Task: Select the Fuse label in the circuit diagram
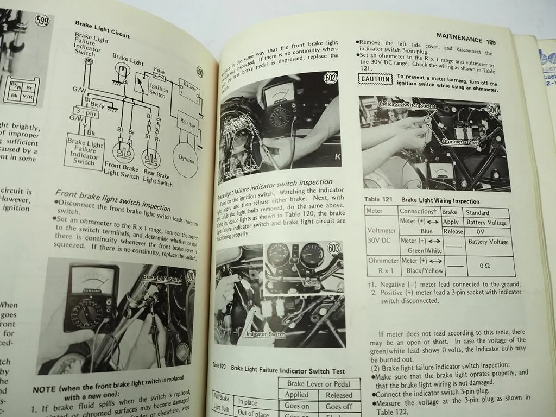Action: [x=159, y=71]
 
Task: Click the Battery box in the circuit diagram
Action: [x=189, y=89]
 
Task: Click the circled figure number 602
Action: [x=330, y=78]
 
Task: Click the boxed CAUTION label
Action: [x=376, y=79]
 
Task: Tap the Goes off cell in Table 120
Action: [x=339, y=406]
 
